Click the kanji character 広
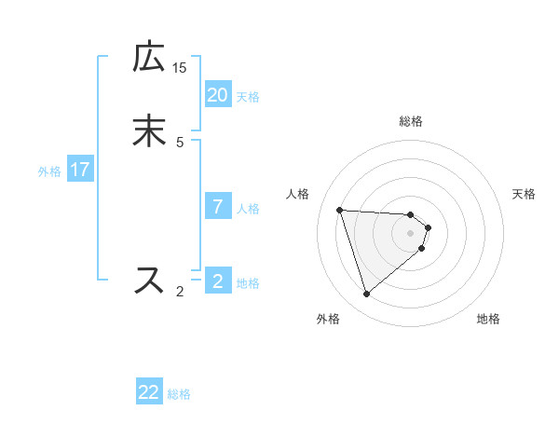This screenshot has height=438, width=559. coord(149,57)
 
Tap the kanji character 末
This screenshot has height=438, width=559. coord(149,131)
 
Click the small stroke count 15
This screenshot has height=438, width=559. coord(180,68)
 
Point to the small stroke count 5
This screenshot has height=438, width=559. coord(180,142)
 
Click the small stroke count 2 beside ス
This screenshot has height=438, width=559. coord(180,292)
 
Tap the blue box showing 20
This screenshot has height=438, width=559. coord(217,95)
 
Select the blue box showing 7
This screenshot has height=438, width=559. coord(217,207)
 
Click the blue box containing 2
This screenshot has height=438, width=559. coord(217,281)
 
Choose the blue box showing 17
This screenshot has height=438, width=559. coord(80,170)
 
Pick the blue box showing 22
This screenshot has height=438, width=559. coord(149,393)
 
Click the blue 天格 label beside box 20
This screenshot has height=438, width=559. coord(248,97)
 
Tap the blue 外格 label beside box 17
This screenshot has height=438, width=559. coord(49,171)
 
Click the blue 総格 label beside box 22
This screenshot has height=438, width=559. coord(179,395)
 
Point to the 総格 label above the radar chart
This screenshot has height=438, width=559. coord(411,121)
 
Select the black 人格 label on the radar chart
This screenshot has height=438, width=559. coord(298,194)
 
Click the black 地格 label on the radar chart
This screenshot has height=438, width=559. coord(488,320)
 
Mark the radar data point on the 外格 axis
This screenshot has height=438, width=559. coord(367,294)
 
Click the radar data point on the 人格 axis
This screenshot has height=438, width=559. coord(340,210)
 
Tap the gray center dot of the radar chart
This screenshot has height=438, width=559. coord(411,233)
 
